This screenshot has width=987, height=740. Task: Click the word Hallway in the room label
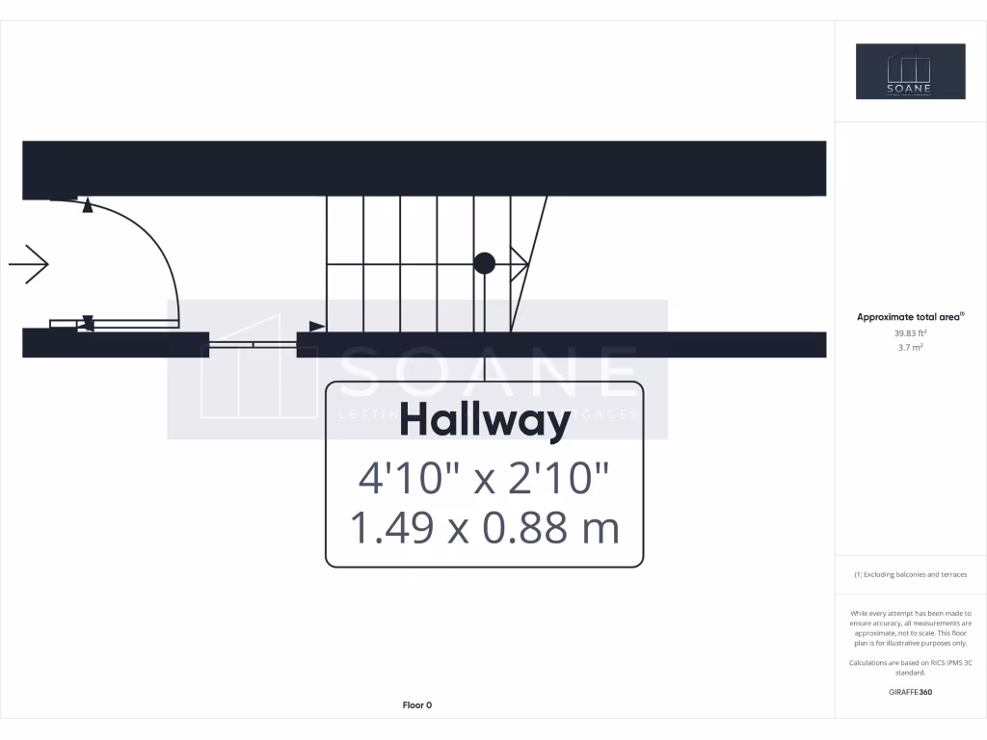(484, 422)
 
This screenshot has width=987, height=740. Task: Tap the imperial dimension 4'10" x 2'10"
(484, 477)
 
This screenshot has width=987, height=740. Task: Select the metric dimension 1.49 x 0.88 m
(484, 528)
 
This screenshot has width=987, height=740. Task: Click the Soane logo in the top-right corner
(910, 71)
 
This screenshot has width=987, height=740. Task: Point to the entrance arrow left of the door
(29, 264)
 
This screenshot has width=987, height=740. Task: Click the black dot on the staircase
(485, 263)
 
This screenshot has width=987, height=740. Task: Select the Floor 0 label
(416, 705)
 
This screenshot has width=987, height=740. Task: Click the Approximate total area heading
(910, 316)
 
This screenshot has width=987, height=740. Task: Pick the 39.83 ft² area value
(910, 332)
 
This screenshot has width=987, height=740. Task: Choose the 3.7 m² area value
(910, 347)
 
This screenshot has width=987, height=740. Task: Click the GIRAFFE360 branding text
(910, 692)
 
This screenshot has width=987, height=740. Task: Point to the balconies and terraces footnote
(910, 574)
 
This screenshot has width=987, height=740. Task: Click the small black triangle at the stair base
(316, 326)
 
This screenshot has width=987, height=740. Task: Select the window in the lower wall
(253, 344)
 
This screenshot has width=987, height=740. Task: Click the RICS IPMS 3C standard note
(910, 668)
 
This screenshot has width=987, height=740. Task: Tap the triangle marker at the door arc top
(88, 205)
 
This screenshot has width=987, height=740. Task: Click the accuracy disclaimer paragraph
(910, 628)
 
